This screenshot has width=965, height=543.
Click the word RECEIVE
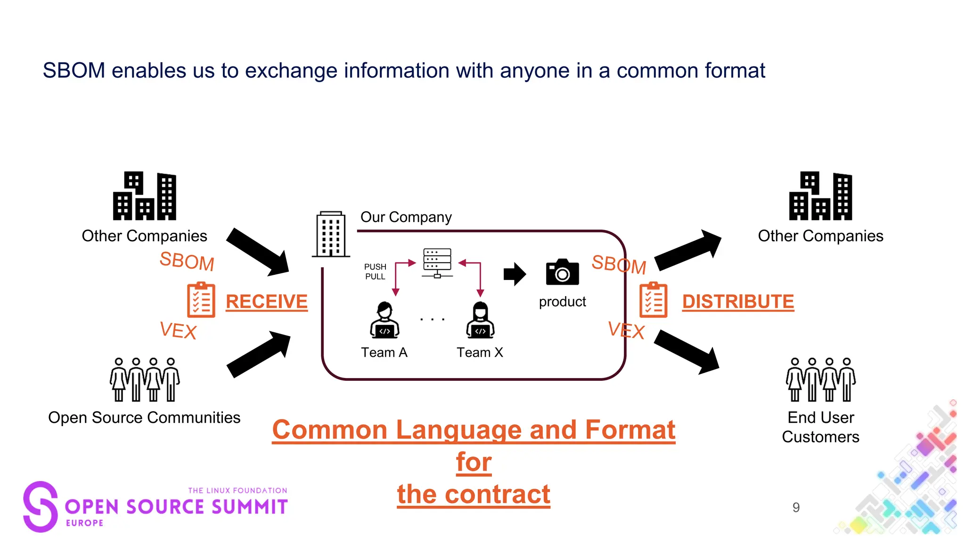click(266, 302)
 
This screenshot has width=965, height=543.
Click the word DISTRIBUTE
click(737, 302)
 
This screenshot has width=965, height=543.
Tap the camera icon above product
click(562, 272)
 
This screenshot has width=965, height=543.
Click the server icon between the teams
click(437, 263)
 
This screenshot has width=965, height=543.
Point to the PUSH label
click(375, 267)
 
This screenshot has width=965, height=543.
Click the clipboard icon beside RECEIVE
click(201, 300)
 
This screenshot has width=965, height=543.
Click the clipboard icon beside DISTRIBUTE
click(653, 300)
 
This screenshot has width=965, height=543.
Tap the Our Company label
click(406, 217)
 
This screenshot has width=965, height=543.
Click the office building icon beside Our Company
click(331, 234)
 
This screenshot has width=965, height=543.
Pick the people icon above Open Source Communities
click(145, 379)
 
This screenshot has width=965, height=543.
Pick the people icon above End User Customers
click(821, 379)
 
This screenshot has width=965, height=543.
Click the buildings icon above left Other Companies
click(145, 196)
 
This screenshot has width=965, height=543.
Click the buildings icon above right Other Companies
click(821, 196)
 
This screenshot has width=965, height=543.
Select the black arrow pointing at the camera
click(515, 274)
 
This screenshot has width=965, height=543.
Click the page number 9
click(796, 507)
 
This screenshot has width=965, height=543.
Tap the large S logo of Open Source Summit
click(41, 506)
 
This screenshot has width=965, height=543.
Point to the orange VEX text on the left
click(178, 330)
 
